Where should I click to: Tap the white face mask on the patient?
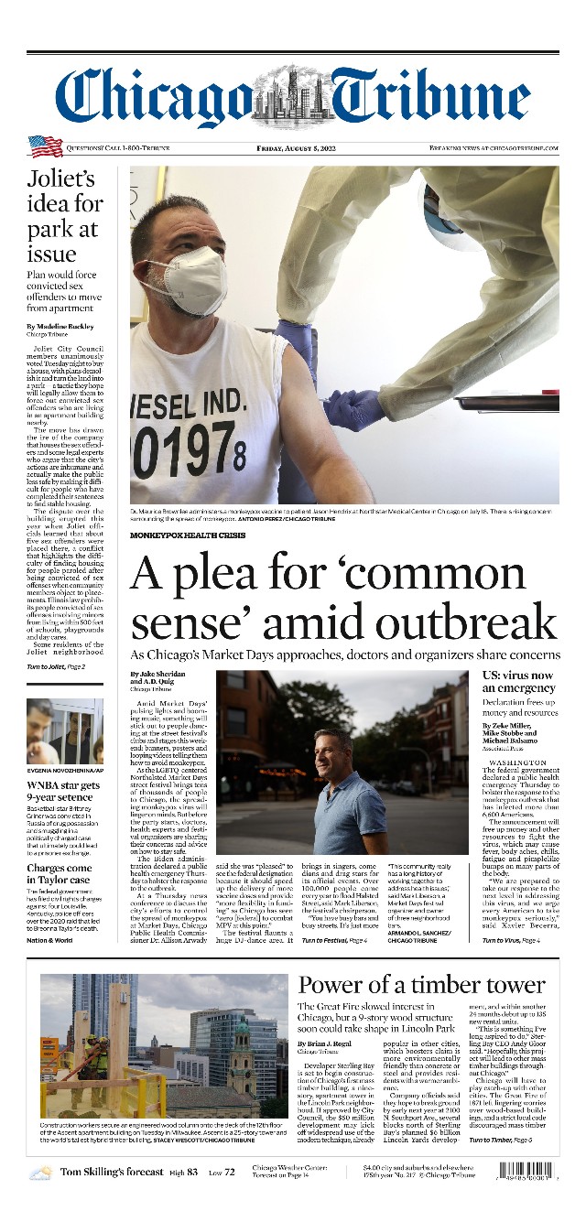coord(186,280)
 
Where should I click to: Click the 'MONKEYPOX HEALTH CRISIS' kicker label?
coord(188,535)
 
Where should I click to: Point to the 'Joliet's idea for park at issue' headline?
coord(64,215)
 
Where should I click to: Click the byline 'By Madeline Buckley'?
coord(60,327)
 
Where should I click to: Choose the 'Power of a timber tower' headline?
coord(421,985)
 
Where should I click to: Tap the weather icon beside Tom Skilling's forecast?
coord(40,1173)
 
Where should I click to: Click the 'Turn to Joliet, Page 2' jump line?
coord(56,666)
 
